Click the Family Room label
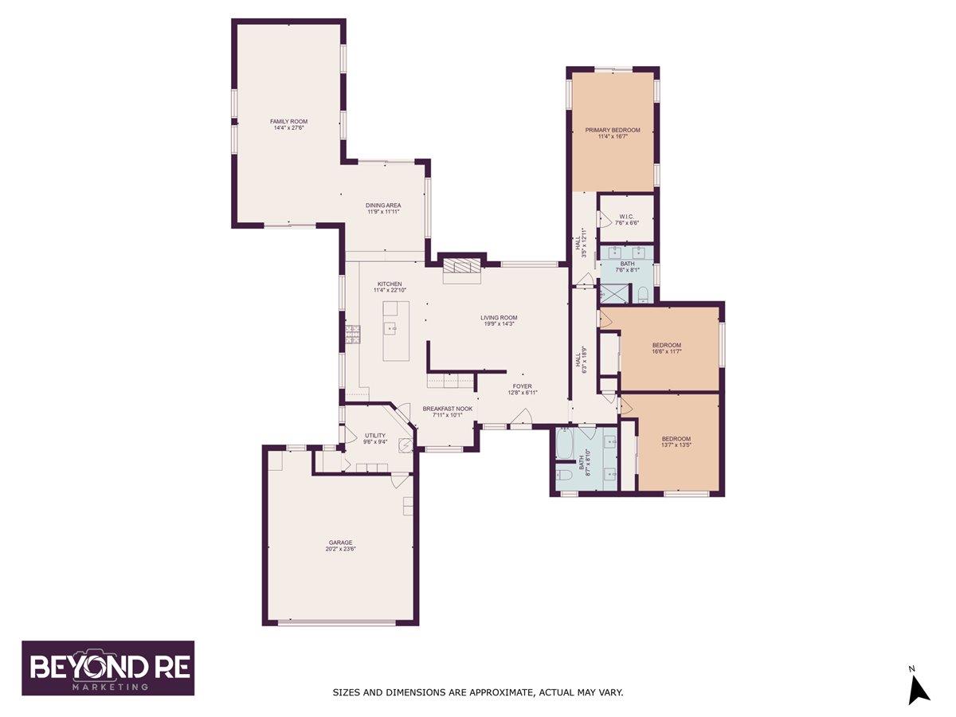click(x=288, y=121)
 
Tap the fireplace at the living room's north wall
click(x=463, y=268)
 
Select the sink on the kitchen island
click(x=390, y=327)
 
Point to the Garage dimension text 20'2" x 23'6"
click(x=339, y=549)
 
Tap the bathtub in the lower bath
click(x=564, y=445)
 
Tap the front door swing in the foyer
click(x=524, y=417)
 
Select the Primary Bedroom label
click(x=613, y=130)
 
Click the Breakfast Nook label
click(x=447, y=409)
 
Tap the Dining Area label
click(x=383, y=206)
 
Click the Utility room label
click(x=374, y=435)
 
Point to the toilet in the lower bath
click(x=564, y=475)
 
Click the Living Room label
click(x=499, y=317)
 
